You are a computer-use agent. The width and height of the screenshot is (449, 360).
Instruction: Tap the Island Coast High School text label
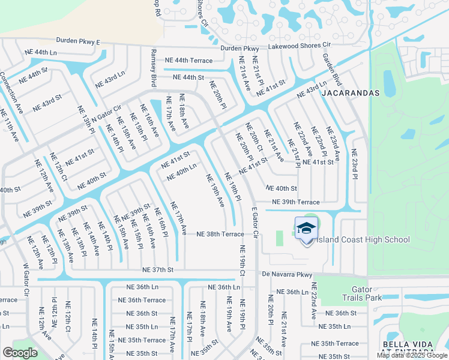point(363,240)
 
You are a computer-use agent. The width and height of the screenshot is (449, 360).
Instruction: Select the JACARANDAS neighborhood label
point(351,93)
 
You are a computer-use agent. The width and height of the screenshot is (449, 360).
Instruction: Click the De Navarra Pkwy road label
point(288,275)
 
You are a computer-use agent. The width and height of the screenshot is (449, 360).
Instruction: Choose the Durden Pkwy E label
point(78,41)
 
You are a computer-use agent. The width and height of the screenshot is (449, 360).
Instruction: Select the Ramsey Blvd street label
point(154,68)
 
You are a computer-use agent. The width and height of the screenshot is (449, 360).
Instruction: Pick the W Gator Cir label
point(26,280)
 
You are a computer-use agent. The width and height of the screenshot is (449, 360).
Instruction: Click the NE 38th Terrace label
point(220,234)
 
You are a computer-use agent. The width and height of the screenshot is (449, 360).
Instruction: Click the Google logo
point(20,352)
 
